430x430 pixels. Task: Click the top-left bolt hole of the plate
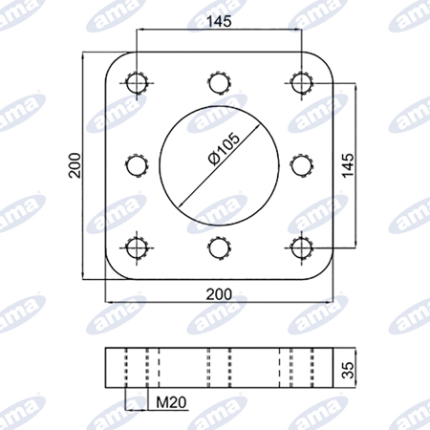pos(137,83)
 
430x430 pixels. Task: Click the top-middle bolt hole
pos(220,83)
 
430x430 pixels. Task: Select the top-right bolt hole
pos(301,83)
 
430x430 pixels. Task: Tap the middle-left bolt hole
pos(137,165)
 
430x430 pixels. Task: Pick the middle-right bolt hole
pos(301,165)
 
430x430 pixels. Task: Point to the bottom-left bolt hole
pos(137,248)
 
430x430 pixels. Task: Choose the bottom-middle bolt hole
pos(220,248)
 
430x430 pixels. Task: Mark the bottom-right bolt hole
pos(301,248)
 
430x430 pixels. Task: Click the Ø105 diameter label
pos(224,149)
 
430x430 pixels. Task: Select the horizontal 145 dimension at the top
pos(219,22)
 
